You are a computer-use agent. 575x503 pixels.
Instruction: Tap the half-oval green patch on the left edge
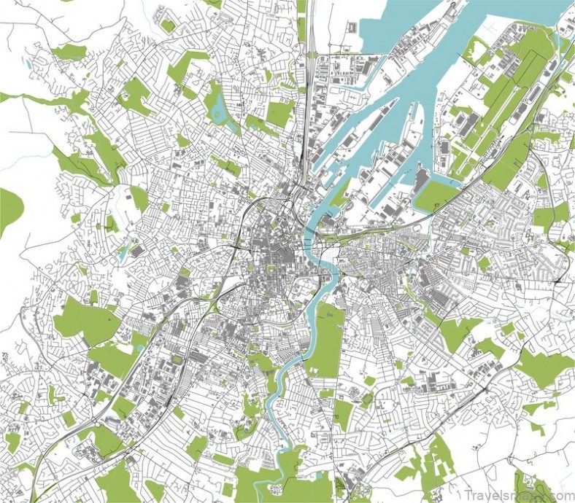tap(9, 211)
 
